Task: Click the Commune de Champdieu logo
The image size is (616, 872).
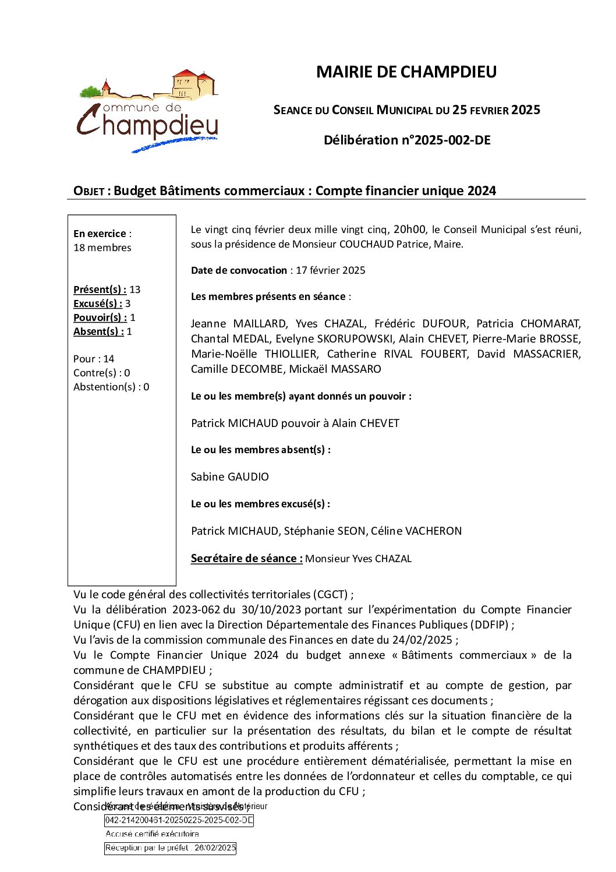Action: coord(148,111)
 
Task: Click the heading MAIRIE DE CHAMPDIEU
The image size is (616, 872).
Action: coord(406,72)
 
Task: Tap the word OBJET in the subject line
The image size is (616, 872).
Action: coord(88,191)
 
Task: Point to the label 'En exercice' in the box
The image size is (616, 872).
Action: coord(100,234)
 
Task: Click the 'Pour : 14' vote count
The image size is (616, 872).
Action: coord(94,359)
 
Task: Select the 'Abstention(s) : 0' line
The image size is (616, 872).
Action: coord(111,387)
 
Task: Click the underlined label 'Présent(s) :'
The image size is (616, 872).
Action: coord(100,290)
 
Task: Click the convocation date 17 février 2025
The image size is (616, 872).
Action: coord(330,270)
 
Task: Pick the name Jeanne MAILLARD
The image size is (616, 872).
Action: coord(239,324)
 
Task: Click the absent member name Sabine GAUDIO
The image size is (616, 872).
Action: coord(230,477)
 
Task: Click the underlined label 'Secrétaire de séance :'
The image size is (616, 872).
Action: coord(246,559)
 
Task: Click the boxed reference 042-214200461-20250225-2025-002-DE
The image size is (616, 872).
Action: coord(179,820)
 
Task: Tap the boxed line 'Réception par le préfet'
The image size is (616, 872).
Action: coord(171,848)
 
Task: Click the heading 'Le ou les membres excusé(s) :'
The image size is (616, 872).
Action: coord(260,504)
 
